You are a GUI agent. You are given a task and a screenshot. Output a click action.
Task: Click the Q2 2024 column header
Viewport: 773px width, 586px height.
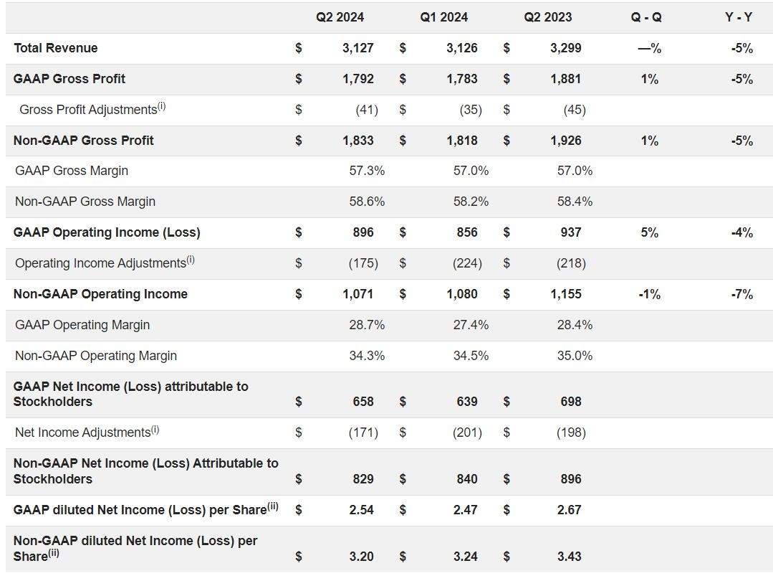tap(340, 17)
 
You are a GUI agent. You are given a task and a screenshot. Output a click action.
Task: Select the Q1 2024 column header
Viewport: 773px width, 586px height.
tap(443, 17)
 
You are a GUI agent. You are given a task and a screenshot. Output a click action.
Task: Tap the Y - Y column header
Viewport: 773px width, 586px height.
tap(738, 17)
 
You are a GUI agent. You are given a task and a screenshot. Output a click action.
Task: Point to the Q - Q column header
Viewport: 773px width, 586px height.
tap(646, 17)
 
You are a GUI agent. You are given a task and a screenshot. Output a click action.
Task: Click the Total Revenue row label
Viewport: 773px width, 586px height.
tap(56, 48)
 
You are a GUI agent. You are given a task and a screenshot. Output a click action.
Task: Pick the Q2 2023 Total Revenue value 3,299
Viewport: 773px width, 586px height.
tap(566, 48)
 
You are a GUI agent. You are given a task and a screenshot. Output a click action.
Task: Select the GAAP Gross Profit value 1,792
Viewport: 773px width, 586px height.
tap(357, 79)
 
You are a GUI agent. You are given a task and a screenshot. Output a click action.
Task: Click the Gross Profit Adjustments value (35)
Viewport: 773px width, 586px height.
tap(471, 110)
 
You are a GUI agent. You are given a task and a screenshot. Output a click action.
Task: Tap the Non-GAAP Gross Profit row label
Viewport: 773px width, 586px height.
tap(83, 141)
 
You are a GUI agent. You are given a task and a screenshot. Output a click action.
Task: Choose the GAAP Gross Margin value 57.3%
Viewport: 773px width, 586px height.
tap(367, 171)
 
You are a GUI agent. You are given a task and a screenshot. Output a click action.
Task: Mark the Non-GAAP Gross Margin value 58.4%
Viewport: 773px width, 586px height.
tap(575, 202)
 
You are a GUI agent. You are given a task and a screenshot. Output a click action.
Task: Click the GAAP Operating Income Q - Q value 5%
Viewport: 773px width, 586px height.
tap(649, 232)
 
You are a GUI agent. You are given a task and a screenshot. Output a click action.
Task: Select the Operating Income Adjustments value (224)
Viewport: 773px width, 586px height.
tap(467, 263)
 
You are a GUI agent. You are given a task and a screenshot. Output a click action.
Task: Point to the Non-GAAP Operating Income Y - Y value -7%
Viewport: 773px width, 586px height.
tap(741, 294)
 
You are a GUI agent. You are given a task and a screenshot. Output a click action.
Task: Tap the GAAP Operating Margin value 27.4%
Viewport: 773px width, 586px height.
tap(471, 325)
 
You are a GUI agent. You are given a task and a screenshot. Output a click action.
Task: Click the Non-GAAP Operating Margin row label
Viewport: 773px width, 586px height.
tap(96, 356)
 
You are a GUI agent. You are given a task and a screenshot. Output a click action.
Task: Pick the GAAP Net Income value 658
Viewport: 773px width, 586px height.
tap(363, 402)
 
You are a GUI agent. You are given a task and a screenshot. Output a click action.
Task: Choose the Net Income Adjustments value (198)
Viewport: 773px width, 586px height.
tap(571, 433)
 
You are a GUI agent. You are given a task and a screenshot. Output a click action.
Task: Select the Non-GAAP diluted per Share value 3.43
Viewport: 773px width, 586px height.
tap(570, 557)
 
